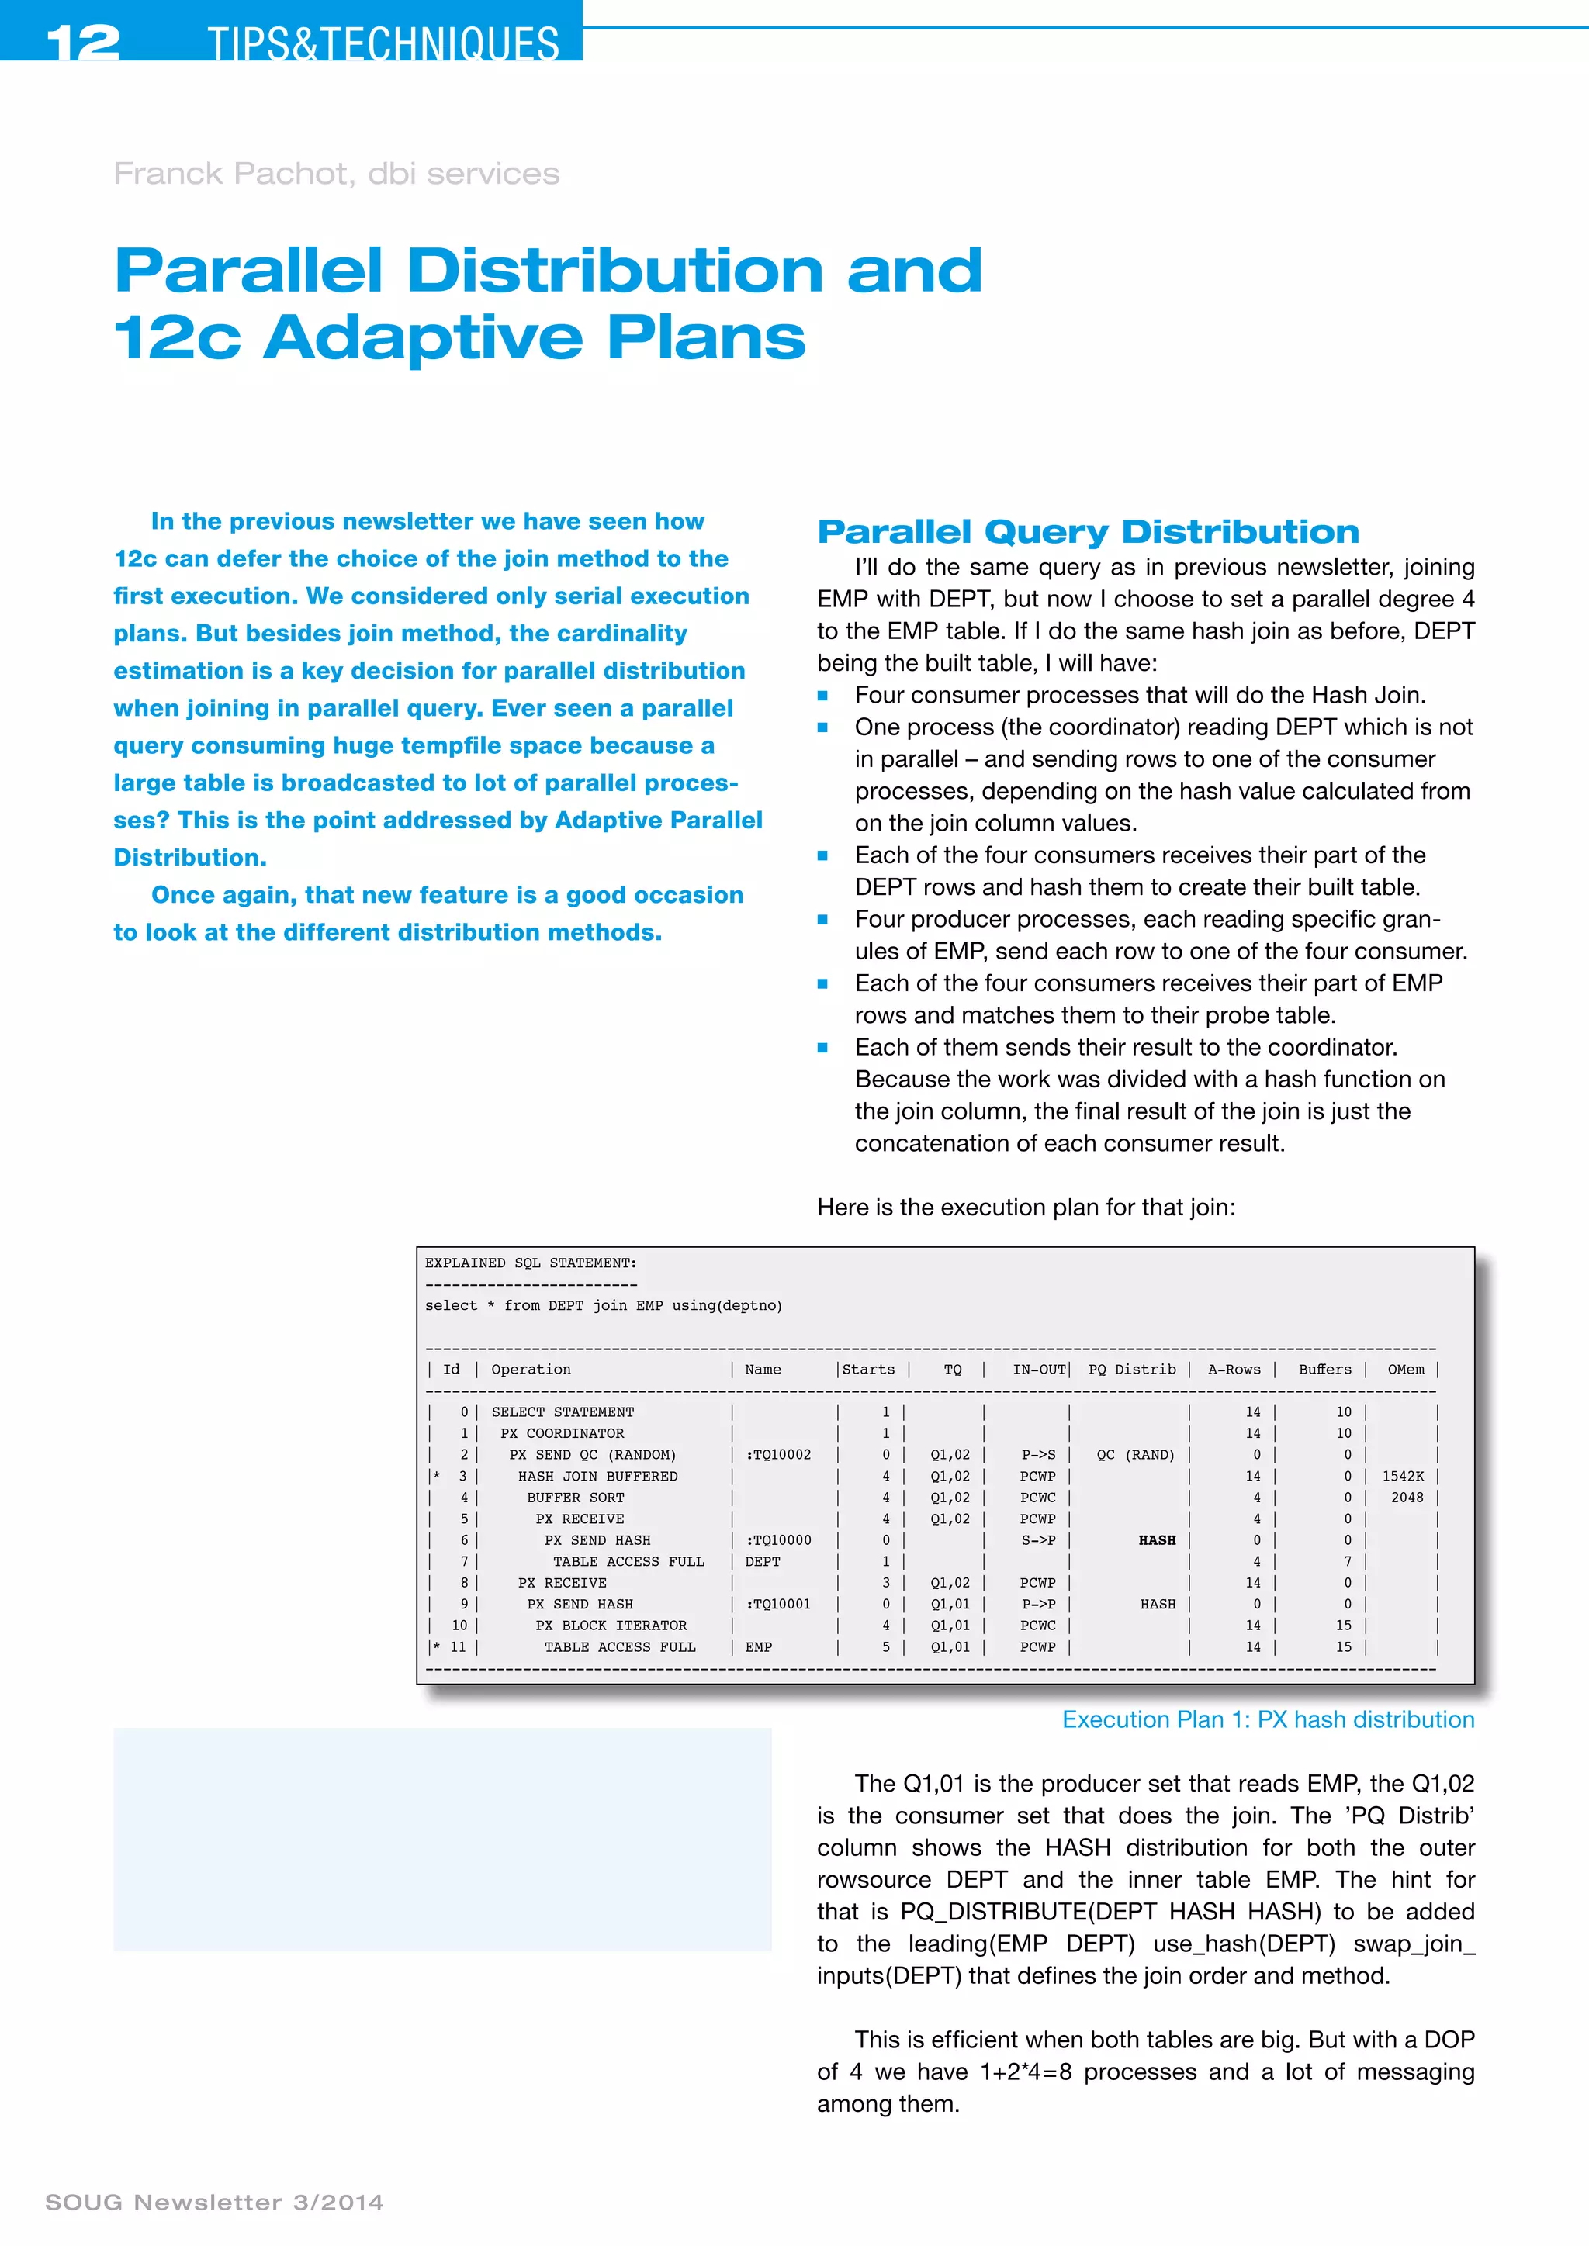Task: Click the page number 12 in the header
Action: point(82,42)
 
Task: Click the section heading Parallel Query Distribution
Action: point(1088,531)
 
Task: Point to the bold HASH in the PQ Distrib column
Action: point(1157,1539)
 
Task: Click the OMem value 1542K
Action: point(1402,1476)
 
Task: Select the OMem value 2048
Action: point(1407,1498)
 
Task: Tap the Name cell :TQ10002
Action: point(778,1455)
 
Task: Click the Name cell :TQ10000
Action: point(778,1539)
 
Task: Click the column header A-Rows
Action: point(1234,1370)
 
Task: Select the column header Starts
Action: point(869,1370)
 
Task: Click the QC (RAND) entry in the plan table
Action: point(1135,1455)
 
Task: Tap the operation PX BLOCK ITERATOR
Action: point(611,1625)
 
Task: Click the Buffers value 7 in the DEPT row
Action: point(1348,1561)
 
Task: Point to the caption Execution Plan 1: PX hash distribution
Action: point(1267,1719)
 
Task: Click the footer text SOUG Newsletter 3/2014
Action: point(214,2202)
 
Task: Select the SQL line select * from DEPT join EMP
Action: point(603,1306)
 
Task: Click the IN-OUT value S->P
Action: point(1037,1539)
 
